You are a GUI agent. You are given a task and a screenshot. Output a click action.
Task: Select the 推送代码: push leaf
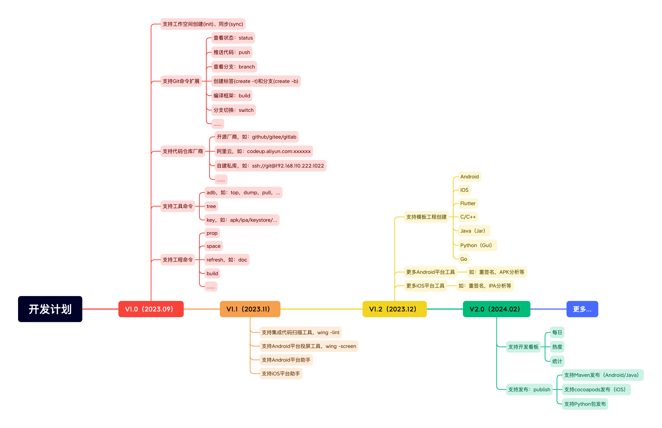232,52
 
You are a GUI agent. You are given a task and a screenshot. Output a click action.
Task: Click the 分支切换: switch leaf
233,110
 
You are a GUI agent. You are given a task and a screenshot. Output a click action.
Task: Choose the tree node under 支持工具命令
211,206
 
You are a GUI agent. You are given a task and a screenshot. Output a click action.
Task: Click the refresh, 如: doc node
227,260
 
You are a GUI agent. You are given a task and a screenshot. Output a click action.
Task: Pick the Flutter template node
468,204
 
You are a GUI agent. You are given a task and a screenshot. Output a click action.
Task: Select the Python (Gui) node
477,245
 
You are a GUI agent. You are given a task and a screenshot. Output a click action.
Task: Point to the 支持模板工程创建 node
426,217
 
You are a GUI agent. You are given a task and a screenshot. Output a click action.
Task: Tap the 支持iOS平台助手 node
281,374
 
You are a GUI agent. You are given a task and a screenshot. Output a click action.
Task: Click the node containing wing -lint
300,332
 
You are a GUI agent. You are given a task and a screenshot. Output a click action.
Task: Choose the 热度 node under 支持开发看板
557,347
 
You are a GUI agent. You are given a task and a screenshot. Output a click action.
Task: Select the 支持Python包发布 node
585,404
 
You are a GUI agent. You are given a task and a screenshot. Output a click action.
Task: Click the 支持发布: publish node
529,389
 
